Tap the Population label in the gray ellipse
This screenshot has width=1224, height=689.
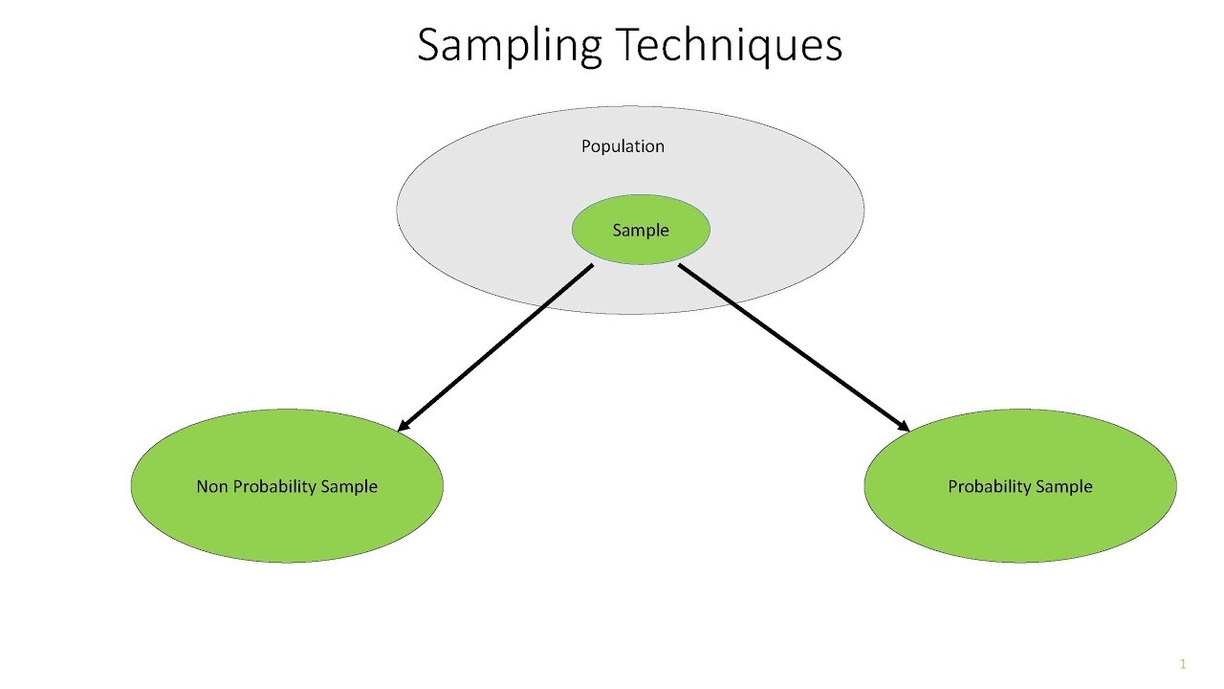(623, 146)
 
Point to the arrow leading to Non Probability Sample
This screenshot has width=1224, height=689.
(495, 348)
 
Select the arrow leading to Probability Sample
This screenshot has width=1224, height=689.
(794, 348)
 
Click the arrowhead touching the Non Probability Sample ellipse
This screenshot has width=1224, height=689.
(403, 426)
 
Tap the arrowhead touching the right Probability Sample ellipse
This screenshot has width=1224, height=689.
(903, 426)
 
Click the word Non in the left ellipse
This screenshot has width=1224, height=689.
(211, 486)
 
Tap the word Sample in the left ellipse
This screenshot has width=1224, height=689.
(349, 487)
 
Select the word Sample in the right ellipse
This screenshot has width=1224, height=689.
(1065, 487)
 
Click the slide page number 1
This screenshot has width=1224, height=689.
(1183, 664)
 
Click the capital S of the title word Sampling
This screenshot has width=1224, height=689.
(428, 45)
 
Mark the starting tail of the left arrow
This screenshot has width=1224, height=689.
(591, 267)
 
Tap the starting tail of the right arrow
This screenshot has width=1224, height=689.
(682, 267)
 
